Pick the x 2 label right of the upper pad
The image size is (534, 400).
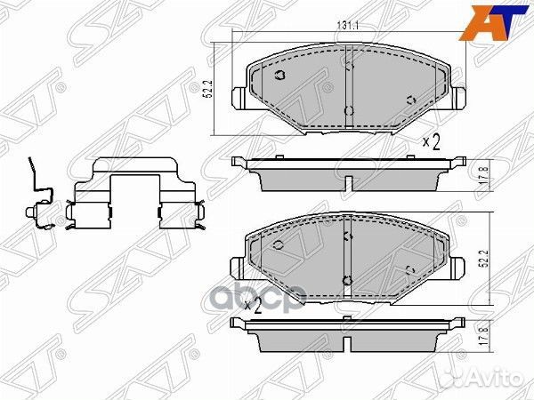(432, 140)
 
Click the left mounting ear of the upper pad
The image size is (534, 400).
(238, 97)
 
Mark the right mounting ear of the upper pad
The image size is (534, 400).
(458, 97)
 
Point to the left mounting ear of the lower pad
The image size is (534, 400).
(238, 266)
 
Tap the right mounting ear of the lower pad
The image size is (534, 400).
(458, 266)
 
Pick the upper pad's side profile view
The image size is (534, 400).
(347, 174)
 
